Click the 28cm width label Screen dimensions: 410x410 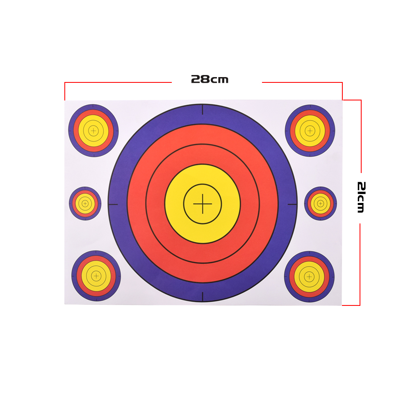point(210,79)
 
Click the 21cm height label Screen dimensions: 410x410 point(361,198)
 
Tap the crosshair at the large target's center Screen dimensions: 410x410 point(203,204)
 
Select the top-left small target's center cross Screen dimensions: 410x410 point(93,130)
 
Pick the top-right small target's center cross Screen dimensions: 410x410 point(310,130)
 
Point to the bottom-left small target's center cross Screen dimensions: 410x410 point(96,276)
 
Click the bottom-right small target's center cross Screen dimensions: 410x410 point(309,277)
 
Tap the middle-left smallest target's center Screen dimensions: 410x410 point(85,203)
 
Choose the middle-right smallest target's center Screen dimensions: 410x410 point(321,203)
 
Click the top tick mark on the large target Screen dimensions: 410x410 point(203,109)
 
